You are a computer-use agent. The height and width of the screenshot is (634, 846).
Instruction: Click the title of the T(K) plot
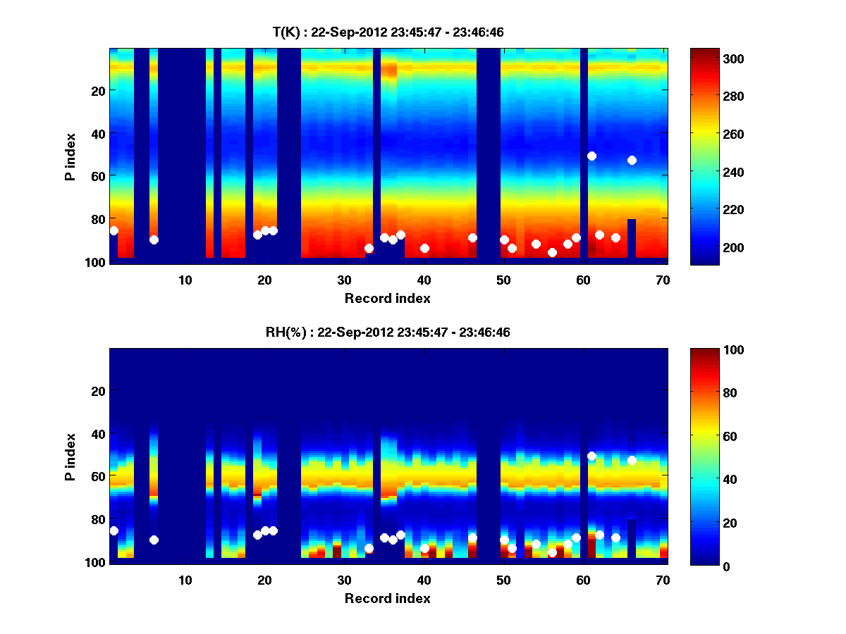point(388,32)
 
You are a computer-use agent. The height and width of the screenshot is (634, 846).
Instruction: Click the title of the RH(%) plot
point(388,332)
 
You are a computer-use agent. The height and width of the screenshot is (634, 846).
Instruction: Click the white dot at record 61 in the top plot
point(591,156)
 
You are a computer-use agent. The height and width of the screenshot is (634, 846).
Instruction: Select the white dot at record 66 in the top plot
point(632,160)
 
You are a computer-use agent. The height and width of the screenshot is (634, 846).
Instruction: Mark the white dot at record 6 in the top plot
point(154,240)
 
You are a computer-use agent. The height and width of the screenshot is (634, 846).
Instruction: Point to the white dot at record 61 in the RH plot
point(591,456)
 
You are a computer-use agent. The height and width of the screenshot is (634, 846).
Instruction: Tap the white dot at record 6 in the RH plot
point(154,540)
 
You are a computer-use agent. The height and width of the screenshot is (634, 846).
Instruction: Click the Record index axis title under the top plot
point(388,298)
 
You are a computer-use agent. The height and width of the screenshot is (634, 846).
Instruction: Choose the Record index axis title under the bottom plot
point(388,598)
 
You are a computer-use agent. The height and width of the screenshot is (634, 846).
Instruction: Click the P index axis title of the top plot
point(70,155)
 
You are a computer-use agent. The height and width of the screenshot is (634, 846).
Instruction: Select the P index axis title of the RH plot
point(70,456)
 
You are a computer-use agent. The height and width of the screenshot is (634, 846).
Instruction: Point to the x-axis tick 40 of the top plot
point(424,279)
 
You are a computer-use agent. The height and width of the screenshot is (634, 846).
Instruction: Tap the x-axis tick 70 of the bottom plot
point(663,580)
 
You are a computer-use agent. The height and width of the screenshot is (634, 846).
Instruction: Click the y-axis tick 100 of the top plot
point(97,262)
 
